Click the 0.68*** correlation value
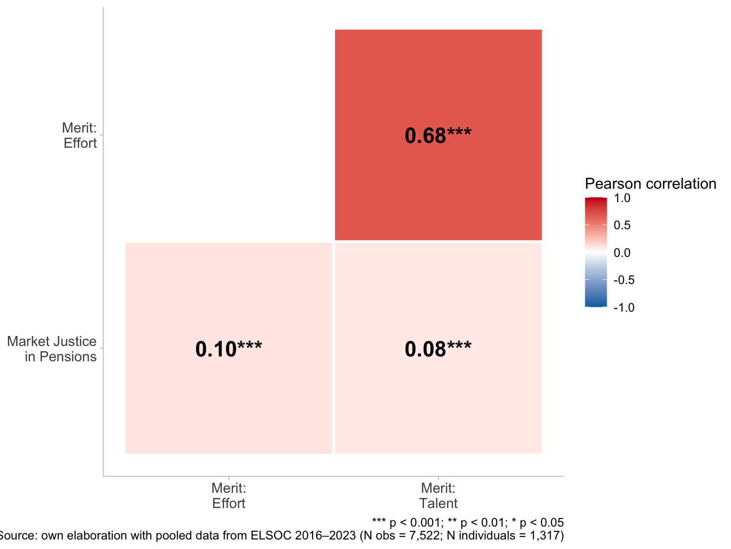coord(438,136)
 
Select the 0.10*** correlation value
coord(228,349)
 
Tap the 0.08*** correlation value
coord(438,349)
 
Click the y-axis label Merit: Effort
coord(79,135)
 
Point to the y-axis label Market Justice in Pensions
coord(52,349)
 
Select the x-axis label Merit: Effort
coord(228,496)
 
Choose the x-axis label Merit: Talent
coord(438,496)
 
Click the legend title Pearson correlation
coord(650,183)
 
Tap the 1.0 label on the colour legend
coord(622,198)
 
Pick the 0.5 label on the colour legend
coord(622,225)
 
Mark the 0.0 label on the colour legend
coord(622,253)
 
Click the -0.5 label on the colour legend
coord(623,280)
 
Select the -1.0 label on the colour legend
coord(623,307)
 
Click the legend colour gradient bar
coord(596,252)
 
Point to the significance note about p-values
coord(467,522)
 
